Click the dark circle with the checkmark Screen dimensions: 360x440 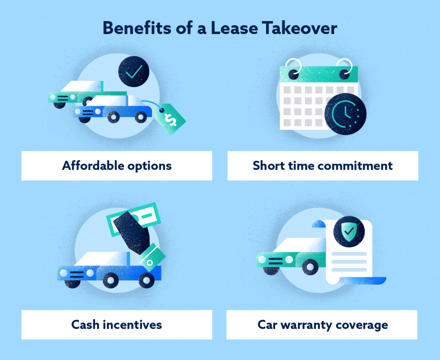pos(134,72)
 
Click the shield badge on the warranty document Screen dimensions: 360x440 pos(348,230)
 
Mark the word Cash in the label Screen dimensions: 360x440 pos(85,324)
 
